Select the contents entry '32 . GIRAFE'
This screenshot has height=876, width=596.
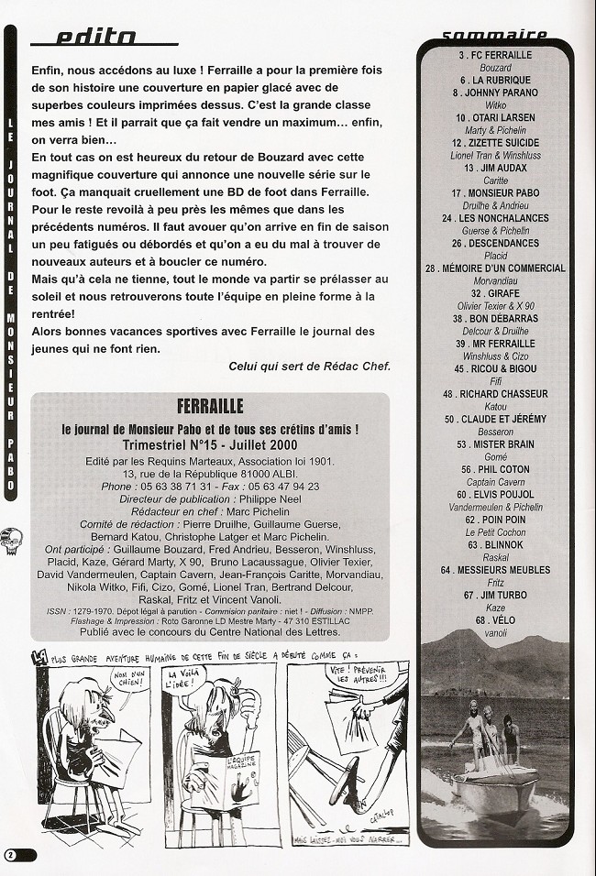[x=494, y=293]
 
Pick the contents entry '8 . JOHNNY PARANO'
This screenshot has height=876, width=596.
[x=495, y=93]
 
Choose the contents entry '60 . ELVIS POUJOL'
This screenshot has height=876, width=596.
[x=495, y=494]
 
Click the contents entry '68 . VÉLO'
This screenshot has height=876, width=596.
[x=493, y=619]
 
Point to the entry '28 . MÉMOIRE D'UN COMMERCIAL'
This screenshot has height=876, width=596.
[x=495, y=268]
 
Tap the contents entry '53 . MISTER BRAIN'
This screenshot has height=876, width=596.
[x=495, y=443]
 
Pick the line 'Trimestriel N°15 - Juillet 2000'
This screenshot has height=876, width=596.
[x=209, y=444]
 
